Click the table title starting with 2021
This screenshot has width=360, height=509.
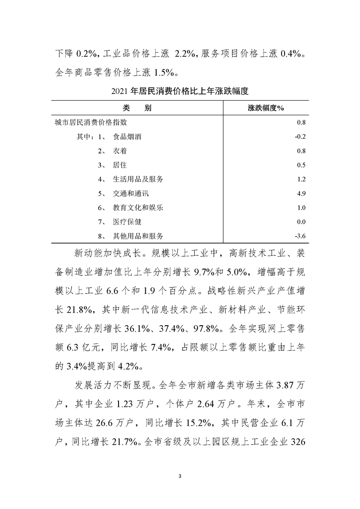(x=180, y=91)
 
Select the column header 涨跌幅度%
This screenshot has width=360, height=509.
(x=266, y=108)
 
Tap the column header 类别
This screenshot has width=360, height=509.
(x=137, y=108)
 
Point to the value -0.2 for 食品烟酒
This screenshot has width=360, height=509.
(x=301, y=137)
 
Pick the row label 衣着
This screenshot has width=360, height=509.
(x=120, y=151)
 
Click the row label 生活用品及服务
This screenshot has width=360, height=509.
(x=138, y=179)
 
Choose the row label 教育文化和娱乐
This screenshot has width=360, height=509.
(x=138, y=208)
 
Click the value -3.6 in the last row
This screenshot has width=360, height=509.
(x=301, y=236)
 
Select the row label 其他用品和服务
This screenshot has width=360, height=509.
(x=138, y=236)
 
